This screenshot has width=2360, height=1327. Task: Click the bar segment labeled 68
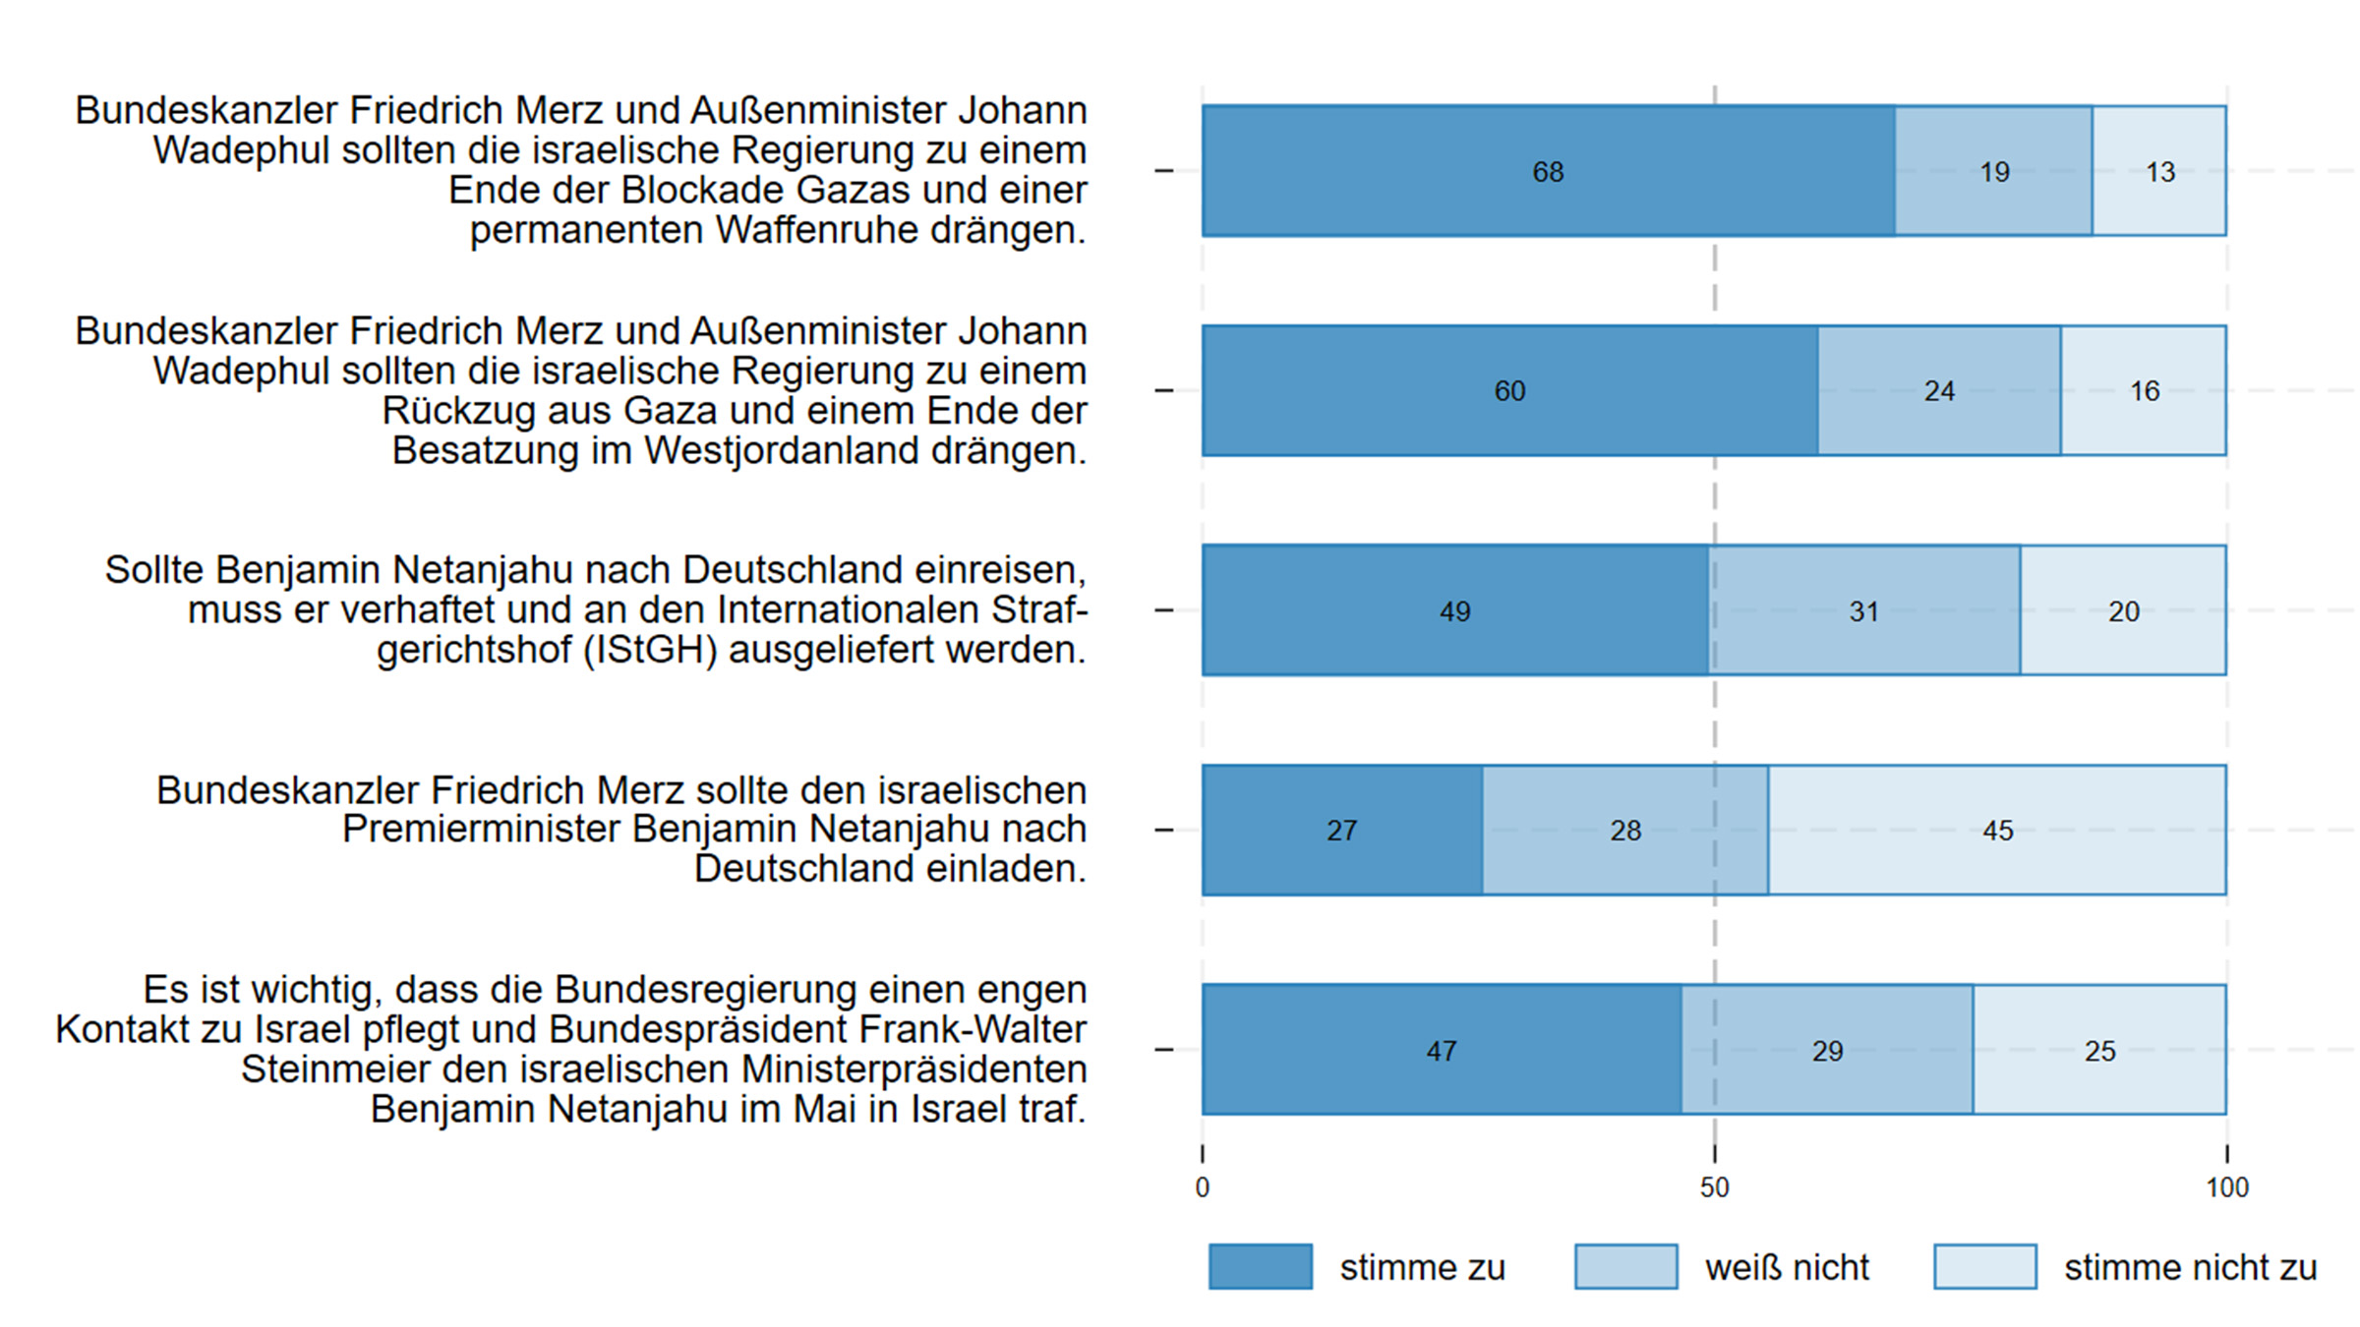(1548, 171)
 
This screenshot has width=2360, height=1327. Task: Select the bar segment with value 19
(1993, 171)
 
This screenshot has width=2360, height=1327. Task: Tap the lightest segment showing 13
(2159, 171)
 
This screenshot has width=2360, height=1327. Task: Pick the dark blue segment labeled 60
(1509, 390)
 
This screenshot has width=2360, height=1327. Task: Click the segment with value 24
(1938, 390)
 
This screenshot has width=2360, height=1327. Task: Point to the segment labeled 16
(2144, 390)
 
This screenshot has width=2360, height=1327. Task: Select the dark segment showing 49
(1454, 610)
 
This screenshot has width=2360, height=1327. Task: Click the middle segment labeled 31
(1863, 610)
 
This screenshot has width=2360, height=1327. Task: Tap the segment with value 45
(1997, 830)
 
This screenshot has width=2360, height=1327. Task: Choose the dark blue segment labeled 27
(1341, 830)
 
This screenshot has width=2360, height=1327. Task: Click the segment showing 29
(1827, 1050)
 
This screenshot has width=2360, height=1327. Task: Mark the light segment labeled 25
(2099, 1050)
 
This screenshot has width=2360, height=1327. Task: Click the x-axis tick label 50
(1714, 1187)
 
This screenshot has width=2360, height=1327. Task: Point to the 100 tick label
(2227, 1187)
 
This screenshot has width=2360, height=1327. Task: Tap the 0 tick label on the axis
(1202, 1187)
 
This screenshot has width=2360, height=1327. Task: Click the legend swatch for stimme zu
(1260, 1266)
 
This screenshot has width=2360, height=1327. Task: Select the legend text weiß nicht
(1787, 1267)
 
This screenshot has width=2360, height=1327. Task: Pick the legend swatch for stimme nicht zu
(1984, 1266)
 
